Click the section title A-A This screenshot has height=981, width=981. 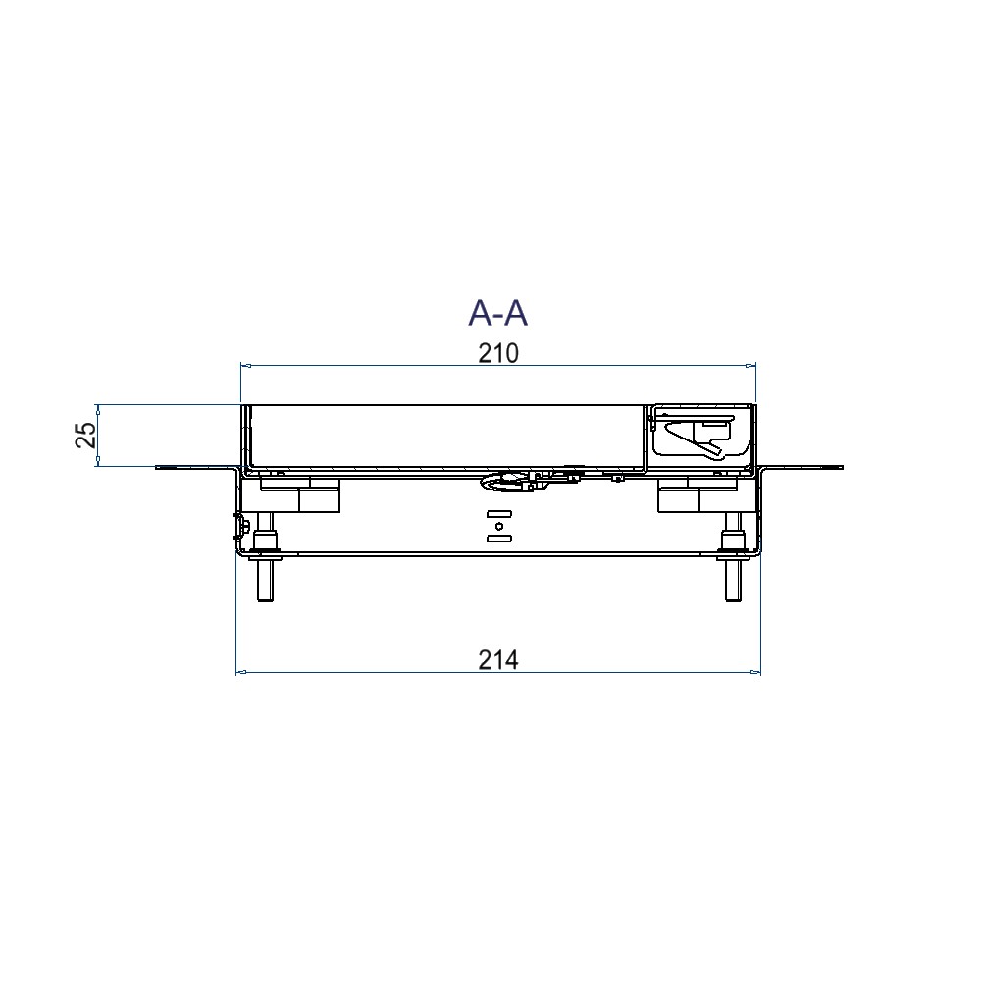(x=498, y=313)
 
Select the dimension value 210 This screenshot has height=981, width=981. (x=498, y=353)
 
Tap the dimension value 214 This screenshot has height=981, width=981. (x=498, y=660)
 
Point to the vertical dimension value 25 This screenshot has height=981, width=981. (x=86, y=435)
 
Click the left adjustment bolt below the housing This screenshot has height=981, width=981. (x=265, y=557)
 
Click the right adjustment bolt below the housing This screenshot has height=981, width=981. (x=733, y=557)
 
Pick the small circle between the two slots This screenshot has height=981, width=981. (x=498, y=526)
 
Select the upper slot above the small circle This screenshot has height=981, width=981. (x=499, y=514)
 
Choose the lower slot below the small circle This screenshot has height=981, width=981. (x=499, y=538)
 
